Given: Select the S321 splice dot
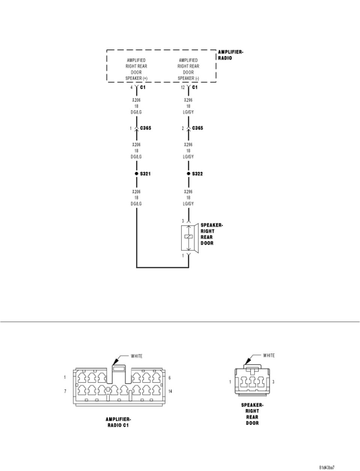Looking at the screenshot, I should pos(136,174).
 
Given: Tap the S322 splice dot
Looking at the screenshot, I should pos(189,174).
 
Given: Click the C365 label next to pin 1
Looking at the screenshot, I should pos(145,128).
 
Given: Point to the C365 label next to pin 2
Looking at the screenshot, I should pos(198,128).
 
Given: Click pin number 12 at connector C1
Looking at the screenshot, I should pos(183,87).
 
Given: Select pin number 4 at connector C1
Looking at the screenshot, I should pos(132,87).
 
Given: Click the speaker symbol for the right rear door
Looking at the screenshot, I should pos(189,238).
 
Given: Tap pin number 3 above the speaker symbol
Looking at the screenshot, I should pos(183,221).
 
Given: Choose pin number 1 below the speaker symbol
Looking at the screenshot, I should pos(183,256).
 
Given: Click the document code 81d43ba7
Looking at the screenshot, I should pos(327,468).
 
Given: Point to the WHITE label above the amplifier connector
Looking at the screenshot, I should pos(136,356).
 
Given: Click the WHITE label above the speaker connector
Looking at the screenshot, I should pos(269,355).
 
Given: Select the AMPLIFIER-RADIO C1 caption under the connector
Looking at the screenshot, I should pos(118,423).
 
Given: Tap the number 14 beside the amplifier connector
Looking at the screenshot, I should pos(171,391).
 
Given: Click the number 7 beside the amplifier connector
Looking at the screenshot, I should pos(65,391).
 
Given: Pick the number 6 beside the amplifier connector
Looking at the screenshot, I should pos(170,377).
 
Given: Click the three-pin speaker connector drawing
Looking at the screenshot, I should pos(252,381).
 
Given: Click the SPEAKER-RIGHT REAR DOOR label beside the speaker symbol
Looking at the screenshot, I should pos(211,234).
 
